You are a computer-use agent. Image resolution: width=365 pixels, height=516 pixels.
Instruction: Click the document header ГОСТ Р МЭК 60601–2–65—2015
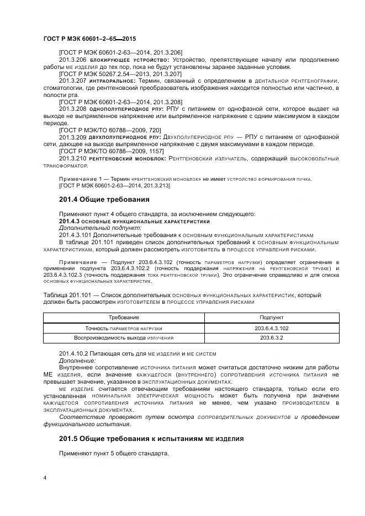click(89, 39)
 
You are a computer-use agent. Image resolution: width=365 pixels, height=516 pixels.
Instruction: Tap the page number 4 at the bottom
click(45, 477)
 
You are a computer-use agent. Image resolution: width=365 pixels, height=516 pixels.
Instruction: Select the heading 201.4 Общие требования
click(104, 199)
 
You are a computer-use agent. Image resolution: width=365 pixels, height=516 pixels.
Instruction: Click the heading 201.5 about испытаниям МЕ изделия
click(151, 439)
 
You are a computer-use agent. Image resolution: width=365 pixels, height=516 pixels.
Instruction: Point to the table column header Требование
click(124, 318)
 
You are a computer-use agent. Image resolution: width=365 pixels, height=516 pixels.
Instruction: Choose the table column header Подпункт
click(272, 318)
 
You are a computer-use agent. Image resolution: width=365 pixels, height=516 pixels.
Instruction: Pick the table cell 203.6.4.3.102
click(272, 328)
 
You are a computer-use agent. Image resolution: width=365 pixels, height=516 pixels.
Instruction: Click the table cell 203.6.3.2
click(272, 338)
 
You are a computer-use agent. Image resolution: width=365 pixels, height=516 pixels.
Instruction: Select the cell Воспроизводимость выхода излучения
click(124, 338)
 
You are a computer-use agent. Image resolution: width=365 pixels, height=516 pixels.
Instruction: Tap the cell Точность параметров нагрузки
click(124, 328)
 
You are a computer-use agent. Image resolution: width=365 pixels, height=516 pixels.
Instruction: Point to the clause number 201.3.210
click(72, 158)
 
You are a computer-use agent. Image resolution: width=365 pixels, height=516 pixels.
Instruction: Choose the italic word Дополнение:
click(77, 361)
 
